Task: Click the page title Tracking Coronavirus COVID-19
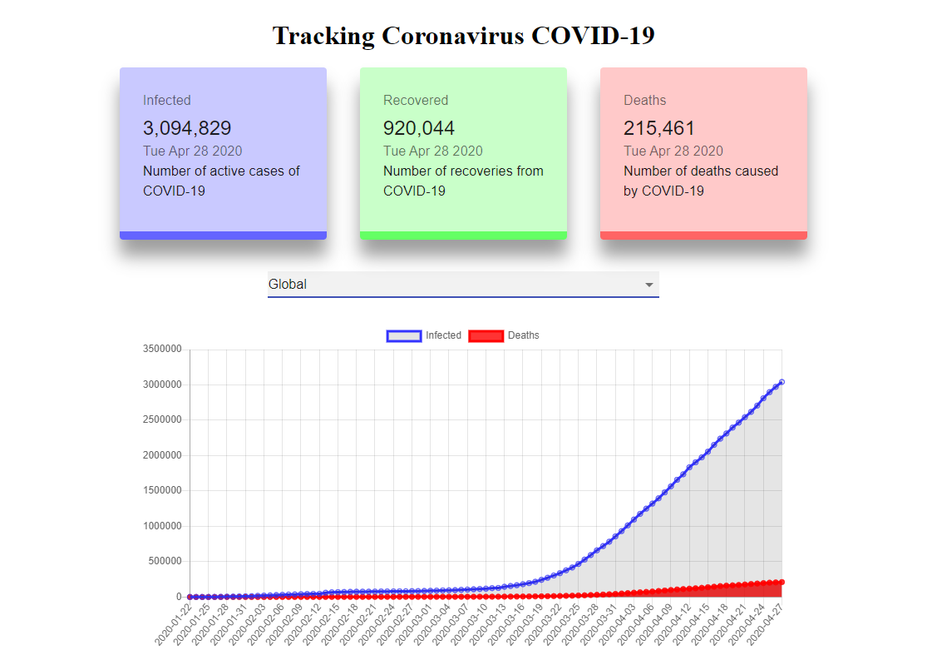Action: [x=464, y=36]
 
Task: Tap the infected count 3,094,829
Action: [x=187, y=128]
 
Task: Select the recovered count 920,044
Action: [x=418, y=128]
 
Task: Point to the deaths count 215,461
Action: [x=658, y=128]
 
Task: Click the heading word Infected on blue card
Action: [x=167, y=100]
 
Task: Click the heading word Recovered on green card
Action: [x=416, y=100]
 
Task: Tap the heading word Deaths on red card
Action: [x=644, y=100]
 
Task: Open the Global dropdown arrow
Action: [x=648, y=285]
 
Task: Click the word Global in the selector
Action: [x=288, y=284]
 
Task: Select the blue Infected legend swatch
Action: [x=404, y=335]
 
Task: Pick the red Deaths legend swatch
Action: [x=486, y=335]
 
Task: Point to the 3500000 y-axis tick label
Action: [x=162, y=349]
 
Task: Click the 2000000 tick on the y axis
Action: [x=162, y=454]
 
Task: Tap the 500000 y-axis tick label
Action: [x=165, y=561]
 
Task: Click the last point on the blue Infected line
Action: [x=782, y=382]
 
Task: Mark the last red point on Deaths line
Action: [x=782, y=582]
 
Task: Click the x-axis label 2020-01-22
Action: [x=174, y=624]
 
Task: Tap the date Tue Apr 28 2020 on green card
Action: [x=433, y=151]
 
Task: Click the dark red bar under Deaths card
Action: [x=703, y=236]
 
